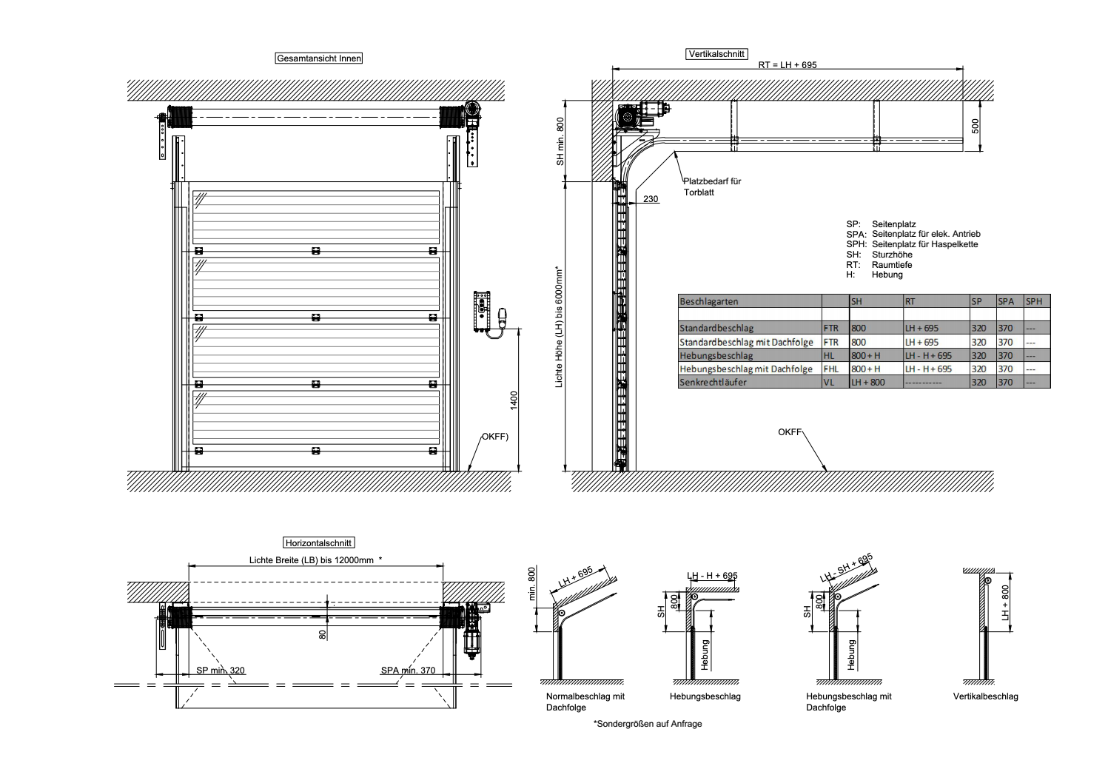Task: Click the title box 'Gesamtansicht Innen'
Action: click(x=318, y=58)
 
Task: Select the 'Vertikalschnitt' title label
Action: click(x=716, y=54)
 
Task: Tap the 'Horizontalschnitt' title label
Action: click(x=318, y=542)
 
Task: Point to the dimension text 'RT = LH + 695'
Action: click(x=788, y=65)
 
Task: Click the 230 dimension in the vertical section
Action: click(x=651, y=199)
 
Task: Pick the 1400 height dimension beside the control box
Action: click(x=514, y=400)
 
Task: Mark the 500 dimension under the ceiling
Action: click(x=975, y=126)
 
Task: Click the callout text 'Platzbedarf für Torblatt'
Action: click(x=712, y=186)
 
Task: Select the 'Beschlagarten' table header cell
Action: click(x=709, y=301)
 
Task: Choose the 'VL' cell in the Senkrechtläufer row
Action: click(x=829, y=382)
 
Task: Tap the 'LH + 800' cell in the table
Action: click(x=868, y=382)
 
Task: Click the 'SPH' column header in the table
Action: click(x=1034, y=301)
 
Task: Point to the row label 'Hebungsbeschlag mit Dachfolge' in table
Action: click(x=746, y=369)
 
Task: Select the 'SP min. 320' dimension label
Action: click(x=221, y=671)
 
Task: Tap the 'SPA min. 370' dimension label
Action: click(x=408, y=671)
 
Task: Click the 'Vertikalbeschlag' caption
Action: click(x=985, y=696)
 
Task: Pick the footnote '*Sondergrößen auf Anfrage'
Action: click(x=648, y=724)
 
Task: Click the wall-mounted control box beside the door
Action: click(x=482, y=311)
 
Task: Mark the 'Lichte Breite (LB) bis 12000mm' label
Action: click(x=312, y=560)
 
